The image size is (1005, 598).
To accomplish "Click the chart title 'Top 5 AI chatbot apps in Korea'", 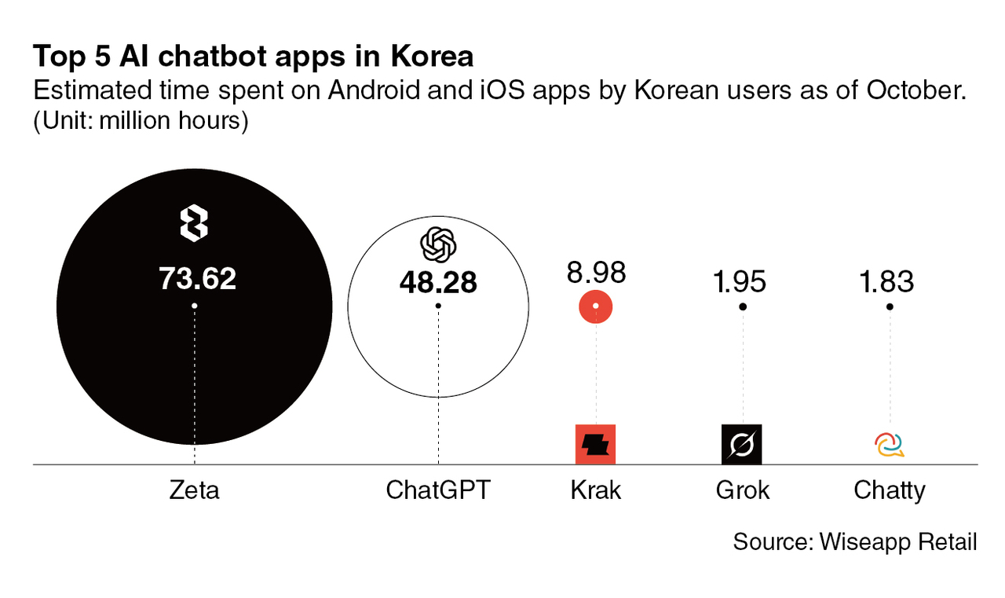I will pyautogui.click(x=253, y=57).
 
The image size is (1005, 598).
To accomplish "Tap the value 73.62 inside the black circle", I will pyautogui.click(x=197, y=278).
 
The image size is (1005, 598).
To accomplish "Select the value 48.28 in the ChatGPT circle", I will pyautogui.click(x=437, y=282).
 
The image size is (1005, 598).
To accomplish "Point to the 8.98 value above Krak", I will pyautogui.click(x=596, y=273).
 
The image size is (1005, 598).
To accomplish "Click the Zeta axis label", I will pyautogui.click(x=194, y=490).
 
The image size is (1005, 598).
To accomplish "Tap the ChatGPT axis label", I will pyautogui.click(x=437, y=490).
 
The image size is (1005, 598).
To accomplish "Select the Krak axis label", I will pyautogui.click(x=596, y=490).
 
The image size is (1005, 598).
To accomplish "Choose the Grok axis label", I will pyautogui.click(x=743, y=490).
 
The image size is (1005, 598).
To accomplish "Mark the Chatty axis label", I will pyautogui.click(x=890, y=490).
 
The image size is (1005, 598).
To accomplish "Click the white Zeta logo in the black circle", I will pyautogui.click(x=194, y=223).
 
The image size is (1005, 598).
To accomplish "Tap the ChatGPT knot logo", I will pyautogui.click(x=438, y=244).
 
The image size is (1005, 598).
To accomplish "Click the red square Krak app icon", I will pyautogui.click(x=595, y=444).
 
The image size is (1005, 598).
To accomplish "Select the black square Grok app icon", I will pyautogui.click(x=742, y=444).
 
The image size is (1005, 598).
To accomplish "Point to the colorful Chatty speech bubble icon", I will pyautogui.click(x=890, y=446).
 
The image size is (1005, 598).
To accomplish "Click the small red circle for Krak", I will pyautogui.click(x=596, y=306).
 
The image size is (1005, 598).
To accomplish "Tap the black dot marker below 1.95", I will pyautogui.click(x=743, y=306).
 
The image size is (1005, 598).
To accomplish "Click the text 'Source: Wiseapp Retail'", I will pyautogui.click(x=854, y=541).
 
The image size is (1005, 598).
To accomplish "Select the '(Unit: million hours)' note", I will pyautogui.click(x=141, y=122).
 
